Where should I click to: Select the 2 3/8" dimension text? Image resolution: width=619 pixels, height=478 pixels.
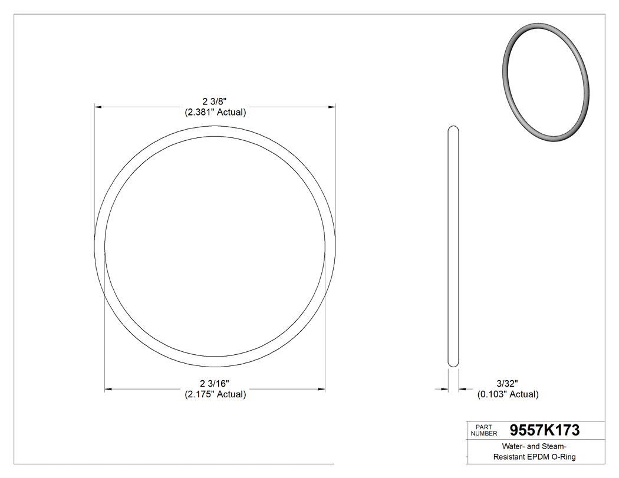[215, 102]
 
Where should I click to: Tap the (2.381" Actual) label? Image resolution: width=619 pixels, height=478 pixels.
[215, 112]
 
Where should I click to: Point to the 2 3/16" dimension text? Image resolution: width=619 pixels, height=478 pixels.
[215, 384]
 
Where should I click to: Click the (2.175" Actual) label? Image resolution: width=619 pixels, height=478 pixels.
[215, 394]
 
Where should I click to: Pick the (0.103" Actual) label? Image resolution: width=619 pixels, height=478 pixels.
[508, 394]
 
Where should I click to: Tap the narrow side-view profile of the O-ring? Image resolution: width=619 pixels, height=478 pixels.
[453, 248]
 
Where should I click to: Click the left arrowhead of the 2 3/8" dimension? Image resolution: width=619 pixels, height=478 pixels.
[98, 107]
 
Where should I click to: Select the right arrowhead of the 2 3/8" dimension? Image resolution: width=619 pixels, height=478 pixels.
[332, 107]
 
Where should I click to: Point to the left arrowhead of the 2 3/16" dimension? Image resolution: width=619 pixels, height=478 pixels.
[108, 389]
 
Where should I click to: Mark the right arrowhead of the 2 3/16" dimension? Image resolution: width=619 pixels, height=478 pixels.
[322, 389]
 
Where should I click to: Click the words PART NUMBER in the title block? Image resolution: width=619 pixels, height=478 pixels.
[485, 430]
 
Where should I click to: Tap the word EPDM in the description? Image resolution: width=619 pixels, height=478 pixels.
[542, 457]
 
